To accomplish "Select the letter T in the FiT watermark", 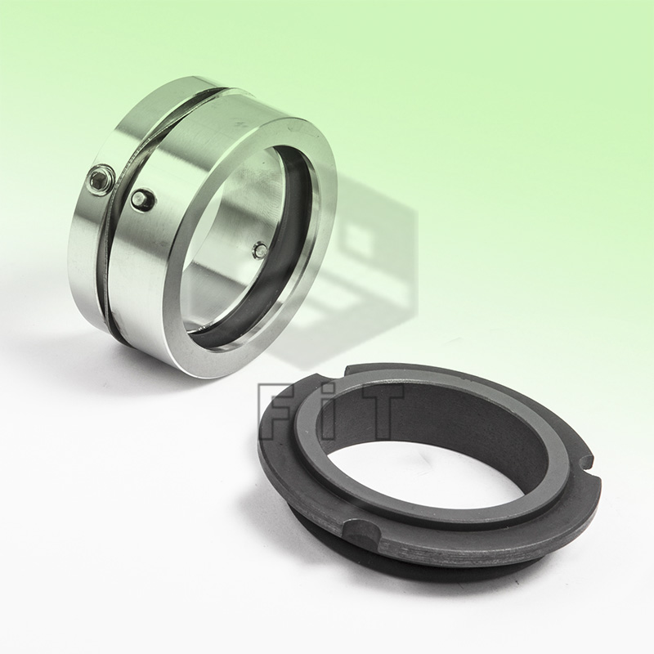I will click(x=378, y=410).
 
